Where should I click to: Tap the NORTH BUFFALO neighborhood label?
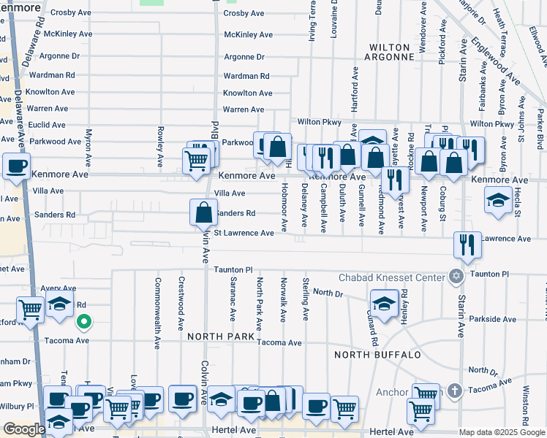[x=377, y=355]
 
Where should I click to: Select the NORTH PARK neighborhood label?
[x=220, y=337]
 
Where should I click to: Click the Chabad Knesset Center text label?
[x=391, y=277]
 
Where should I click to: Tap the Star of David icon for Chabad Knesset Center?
[x=457, y=277]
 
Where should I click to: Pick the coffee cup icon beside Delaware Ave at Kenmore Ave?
[x=16, y=166]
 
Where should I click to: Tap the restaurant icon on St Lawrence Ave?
[x=467, y=245]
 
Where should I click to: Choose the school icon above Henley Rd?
[x=383, y=301]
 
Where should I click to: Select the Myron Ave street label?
[x=88, y=145]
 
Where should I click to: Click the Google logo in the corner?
[x=23, y=429]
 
